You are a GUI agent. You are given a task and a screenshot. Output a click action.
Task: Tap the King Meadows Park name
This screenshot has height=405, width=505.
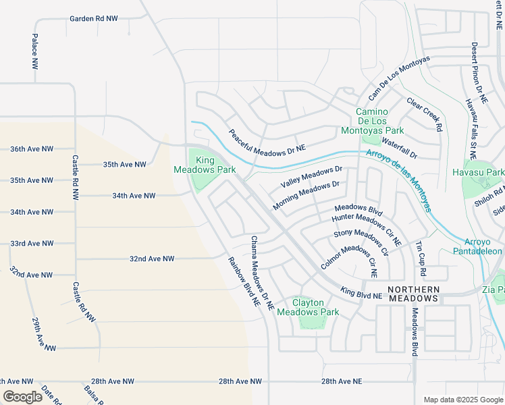tap(205, 165)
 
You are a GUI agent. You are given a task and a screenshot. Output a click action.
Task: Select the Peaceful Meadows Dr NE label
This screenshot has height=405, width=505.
tap(267, 140)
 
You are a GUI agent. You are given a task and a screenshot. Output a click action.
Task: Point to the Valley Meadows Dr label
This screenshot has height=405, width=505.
tap(311, 178)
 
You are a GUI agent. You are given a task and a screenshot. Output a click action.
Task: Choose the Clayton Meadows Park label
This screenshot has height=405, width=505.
tap(308, 308)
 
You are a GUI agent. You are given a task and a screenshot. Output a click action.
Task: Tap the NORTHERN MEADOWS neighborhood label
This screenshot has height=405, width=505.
tap(413, 293)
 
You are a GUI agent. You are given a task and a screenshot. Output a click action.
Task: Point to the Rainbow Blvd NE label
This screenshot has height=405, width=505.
tap(244, 282)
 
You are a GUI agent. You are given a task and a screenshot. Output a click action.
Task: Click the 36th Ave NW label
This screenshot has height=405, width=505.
tap(32, 148)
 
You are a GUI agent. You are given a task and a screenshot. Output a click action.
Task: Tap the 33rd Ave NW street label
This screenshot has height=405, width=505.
tap(32, 243)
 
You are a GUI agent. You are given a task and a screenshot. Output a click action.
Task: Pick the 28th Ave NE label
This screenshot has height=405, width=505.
tap(342, 381)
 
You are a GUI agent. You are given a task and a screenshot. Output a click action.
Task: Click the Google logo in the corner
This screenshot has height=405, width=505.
tap(22, 397)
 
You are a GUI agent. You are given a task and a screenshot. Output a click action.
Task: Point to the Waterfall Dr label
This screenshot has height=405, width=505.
tap(400, 148)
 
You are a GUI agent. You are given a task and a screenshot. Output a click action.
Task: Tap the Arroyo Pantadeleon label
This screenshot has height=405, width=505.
tap(483, 246)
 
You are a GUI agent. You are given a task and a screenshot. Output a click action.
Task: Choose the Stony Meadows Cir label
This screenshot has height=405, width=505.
tap(361, 243)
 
